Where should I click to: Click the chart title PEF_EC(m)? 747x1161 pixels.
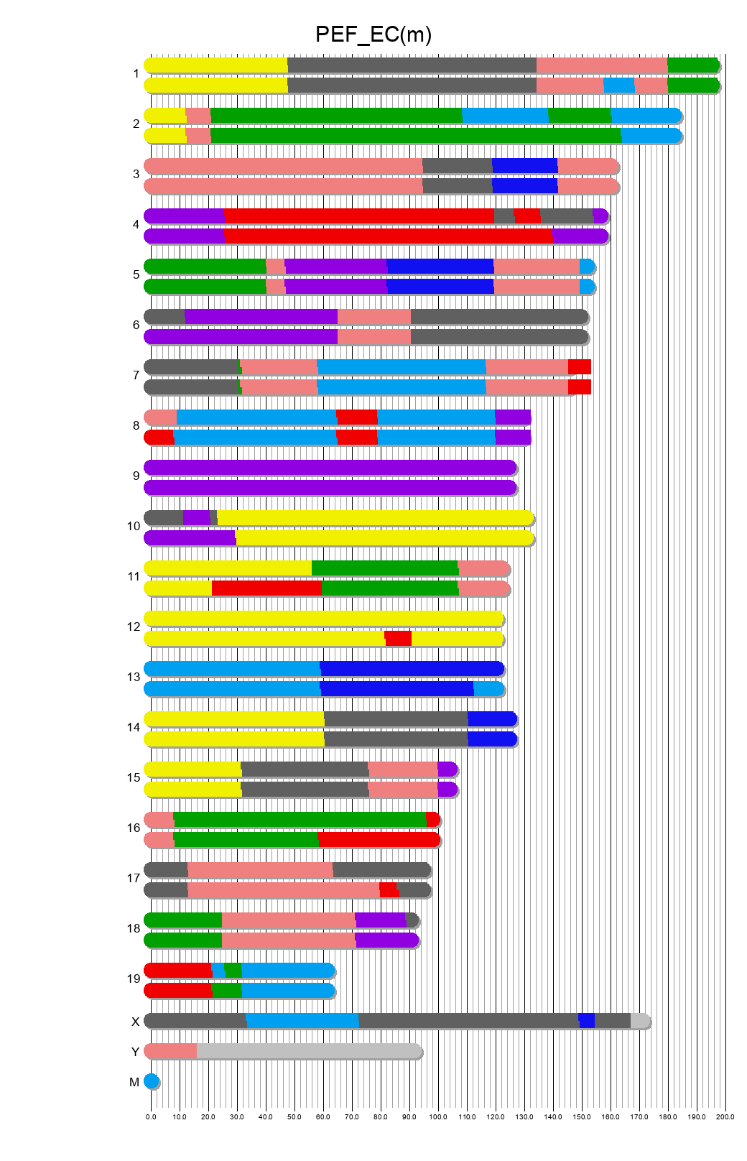(x=373, y=34)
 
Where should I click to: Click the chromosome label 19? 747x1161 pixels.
(x=134, y=979)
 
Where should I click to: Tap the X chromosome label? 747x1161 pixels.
(x=135, y=1022)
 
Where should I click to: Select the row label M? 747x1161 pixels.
(x=134, y=1082)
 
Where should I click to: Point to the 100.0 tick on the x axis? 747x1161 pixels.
(x=438, y=1116)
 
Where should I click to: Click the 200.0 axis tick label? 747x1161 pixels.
(x=725, y=1116)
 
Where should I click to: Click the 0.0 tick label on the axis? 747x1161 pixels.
(x=151, y=1116)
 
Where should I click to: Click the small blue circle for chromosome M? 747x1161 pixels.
(x=152, y=1081)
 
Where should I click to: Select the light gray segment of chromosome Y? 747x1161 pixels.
(x=309, y=1051)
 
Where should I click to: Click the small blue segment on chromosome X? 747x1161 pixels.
(x=587, y=1021)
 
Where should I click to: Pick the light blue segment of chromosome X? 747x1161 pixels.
(x=302, y=1021)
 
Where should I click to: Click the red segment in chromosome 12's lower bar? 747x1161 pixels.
(x=398, y=639)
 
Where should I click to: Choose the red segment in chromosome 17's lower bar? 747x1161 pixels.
(x=389, y=890)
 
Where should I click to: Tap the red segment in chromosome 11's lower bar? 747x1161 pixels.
(x=266, y=588)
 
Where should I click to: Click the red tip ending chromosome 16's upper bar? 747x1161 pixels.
(x=432, y=820)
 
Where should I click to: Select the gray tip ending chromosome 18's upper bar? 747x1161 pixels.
(x=412, y=920)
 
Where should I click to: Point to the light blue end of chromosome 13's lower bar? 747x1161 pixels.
(x=488, y=689)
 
